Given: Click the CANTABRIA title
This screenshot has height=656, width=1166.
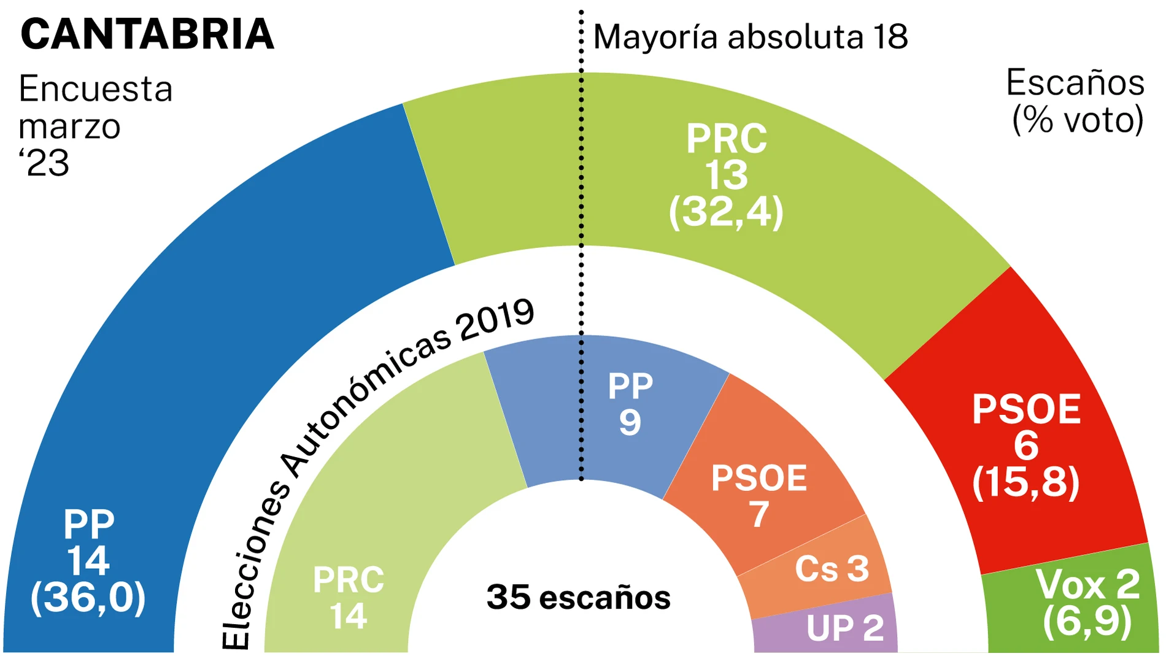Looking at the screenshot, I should pyautogui.click(x=147, y=34).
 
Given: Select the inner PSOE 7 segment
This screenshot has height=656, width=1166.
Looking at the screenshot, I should pyautogui.click(x=761, y=491).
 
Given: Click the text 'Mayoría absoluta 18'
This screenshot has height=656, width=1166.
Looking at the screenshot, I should pyautogui.click(x=750, y=37).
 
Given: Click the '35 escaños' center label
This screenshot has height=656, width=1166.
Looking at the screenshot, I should pyautogui.click(x=578, y=598).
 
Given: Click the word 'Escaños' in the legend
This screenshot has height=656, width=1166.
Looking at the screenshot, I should pyautogui.click(x=1075, y=83).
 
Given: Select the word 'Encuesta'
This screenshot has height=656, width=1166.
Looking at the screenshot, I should pyautogui.click(x=96, y=90).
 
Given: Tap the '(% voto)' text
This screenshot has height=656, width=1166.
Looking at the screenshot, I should pyautogui.click(x=1078, y=120).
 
